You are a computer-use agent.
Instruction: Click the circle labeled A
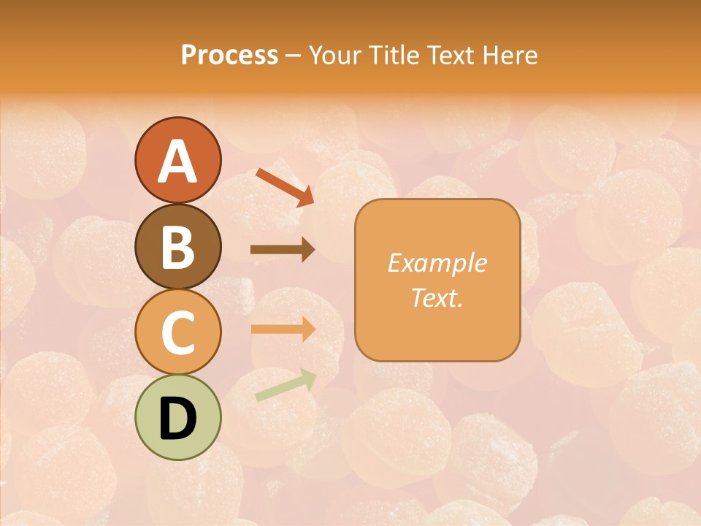pos(177,160)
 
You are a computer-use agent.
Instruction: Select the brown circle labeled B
pos(177,246)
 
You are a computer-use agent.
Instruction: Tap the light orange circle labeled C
pos(177,332)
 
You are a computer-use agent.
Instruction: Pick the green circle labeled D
pos(177,418)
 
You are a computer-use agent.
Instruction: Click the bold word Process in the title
pos(229,56)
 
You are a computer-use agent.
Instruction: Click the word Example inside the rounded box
pos(437,263)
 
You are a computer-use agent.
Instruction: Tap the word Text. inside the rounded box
pos(437,297)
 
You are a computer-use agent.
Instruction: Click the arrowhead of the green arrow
pos(308,378)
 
